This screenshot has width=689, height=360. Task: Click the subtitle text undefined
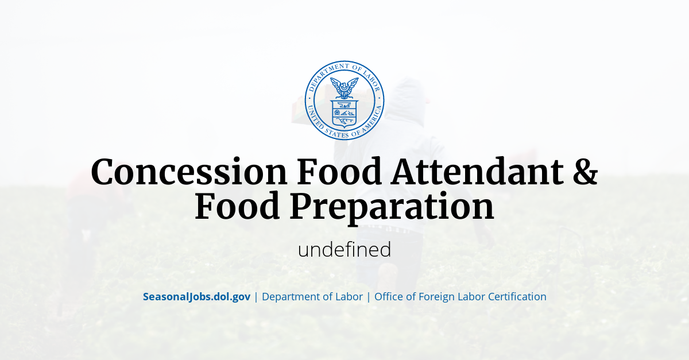[x=344, y=250]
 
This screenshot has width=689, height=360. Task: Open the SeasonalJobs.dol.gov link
[x=196, y=297]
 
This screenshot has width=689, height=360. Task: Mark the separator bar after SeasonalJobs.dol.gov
[x=256, y=297]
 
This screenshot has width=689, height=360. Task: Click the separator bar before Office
[x=369, y=297]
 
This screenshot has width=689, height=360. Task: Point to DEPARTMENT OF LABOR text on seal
[x=344, y=68]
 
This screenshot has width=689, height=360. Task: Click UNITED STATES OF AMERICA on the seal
[x=344, y=134]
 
